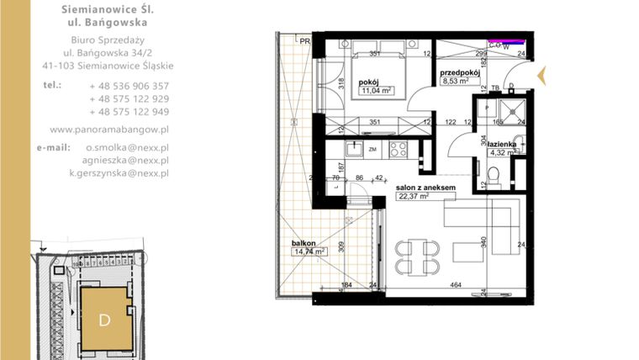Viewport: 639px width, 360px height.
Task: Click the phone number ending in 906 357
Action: click(x=129, y=86)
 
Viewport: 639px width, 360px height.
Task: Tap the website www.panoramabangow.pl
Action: click(x=110, y=130)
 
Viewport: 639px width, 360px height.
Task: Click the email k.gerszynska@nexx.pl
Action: click(x=119, y=172)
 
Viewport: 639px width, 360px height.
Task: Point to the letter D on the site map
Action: click(x=104, y=320)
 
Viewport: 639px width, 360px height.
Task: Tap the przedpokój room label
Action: click(x=460, y=72)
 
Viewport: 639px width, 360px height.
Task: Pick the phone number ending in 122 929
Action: click(x=129, y=98)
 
